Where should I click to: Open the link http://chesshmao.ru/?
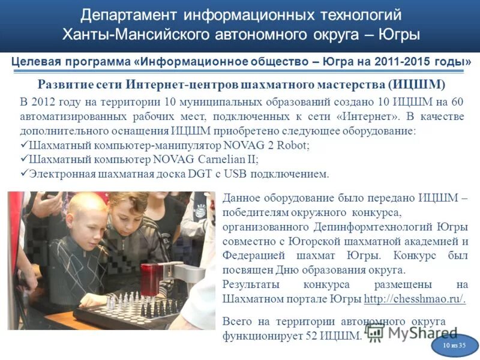pyautogui.click(x=415, y=299)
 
